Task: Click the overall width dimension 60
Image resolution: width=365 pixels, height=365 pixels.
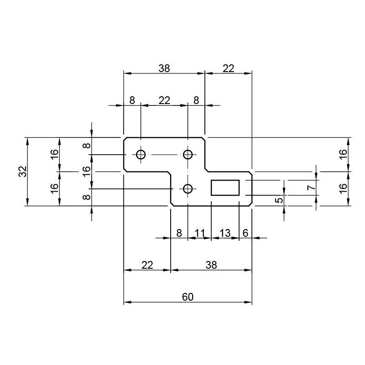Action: point(188,297)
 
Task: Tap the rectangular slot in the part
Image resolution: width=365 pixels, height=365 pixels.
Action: point(225,188)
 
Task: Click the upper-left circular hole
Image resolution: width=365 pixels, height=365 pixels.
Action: point(141,155)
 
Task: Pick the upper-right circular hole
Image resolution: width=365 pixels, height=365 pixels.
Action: point(188,155)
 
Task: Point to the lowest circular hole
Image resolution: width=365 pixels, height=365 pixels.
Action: point(188,188)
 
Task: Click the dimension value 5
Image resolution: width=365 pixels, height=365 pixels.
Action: point(280,199)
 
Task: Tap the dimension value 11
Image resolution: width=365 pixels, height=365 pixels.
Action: point(199,233)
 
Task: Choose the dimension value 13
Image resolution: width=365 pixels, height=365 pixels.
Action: point(225,233)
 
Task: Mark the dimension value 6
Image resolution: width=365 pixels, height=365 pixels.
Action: point(245,233)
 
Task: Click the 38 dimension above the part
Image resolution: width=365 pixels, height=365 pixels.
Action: point(164,68)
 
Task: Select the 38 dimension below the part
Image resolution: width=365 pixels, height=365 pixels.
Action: point(211,265)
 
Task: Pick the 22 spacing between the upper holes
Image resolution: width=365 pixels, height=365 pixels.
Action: point(164,100)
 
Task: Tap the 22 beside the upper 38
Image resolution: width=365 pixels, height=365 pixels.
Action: point(228,68)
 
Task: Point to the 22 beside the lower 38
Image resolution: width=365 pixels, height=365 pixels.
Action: point(147,265)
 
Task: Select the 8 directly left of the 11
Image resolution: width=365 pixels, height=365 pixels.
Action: point(179,233)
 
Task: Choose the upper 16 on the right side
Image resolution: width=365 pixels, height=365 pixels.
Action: point(344,154)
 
